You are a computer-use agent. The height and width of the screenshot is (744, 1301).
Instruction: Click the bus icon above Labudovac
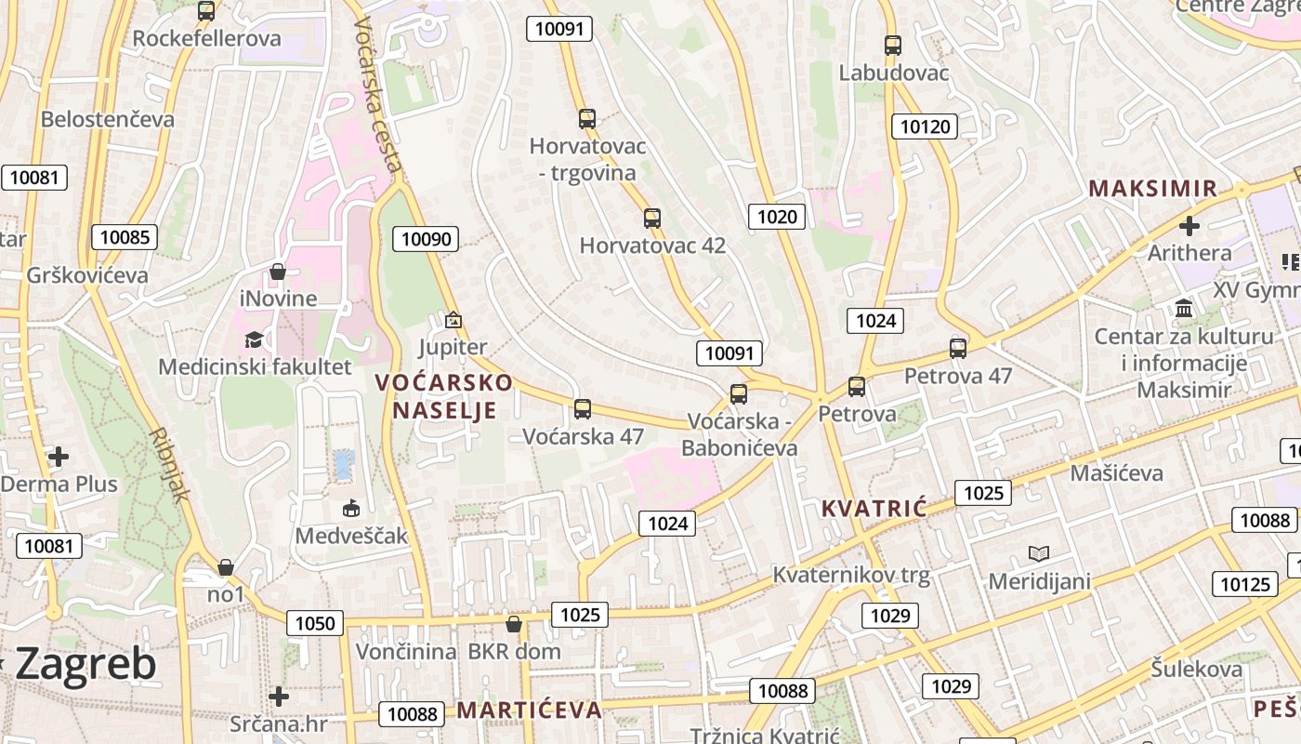[x=892, y=45]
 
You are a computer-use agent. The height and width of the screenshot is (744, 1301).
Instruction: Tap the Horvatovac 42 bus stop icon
[x=652, y=219]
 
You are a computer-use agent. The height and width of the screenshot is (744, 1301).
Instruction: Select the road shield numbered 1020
[x=777, y=217]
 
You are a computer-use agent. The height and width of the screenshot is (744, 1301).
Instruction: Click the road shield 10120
[x=925, y=126]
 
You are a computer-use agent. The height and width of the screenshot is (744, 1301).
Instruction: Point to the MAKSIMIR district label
[x=1152, y=189]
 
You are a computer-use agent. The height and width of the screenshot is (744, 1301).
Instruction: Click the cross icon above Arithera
[x=1189, y=225]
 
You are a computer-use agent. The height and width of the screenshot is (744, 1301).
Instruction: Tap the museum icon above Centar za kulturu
[x=1184, y=308]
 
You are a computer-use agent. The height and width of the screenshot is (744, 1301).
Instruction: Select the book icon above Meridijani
[x=1039, y=554]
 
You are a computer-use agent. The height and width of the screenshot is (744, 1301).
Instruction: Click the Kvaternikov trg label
[x=851, y=575]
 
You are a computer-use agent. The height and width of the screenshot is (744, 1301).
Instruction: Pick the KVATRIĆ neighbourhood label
[x=874, y=508]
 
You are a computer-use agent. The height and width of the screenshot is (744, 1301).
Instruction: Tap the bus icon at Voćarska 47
[x=583, y=408]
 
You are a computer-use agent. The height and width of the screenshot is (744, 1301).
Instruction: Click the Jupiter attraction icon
[x=453, y=320]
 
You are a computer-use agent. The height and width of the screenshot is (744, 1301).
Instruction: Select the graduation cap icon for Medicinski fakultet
[x=255, y=339]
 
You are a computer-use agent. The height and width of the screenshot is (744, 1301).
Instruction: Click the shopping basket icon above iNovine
[x=277, y=272]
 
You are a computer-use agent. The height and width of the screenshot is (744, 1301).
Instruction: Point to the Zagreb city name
[x=85, y=664]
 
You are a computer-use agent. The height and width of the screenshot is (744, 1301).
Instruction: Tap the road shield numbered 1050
[x=314, y=623]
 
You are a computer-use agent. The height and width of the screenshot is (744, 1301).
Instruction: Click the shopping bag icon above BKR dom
[x=513, y=624]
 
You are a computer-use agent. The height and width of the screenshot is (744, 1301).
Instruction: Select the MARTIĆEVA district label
[x=529, y=711]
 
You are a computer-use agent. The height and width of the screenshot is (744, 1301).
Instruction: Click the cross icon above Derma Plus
[x=59, y=457]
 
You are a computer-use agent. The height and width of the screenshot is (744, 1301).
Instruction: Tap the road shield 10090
[x=426, y=239]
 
